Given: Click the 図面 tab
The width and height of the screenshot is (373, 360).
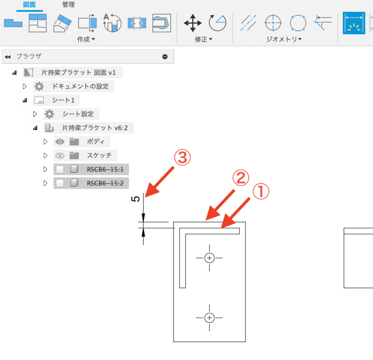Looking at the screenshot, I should [29, 5].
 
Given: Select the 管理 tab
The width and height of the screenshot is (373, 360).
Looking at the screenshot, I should [68, 5].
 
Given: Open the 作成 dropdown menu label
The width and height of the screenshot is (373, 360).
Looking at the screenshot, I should [86, 39].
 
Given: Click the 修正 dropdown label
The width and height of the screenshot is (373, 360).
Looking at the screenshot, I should [204, 39].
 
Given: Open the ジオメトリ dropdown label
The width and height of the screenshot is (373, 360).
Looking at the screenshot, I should [284, 39].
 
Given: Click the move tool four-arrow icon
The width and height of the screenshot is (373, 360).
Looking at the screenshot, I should [193, 23].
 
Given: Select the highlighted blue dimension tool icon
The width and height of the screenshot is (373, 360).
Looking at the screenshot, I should [354, 23].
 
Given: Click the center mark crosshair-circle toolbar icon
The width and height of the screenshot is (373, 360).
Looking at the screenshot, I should [273, 23].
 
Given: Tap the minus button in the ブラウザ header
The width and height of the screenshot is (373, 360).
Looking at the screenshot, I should [165, 56].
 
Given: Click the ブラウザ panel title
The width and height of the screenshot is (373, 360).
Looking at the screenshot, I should [29, 56].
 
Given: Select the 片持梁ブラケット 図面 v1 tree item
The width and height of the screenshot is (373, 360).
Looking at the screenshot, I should [78, 73].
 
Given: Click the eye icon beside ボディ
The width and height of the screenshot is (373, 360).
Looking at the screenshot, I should [60, 142].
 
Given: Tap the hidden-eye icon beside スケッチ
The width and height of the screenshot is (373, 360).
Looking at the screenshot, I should [60, 156].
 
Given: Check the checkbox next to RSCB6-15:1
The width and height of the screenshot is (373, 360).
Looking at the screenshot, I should [60, 169].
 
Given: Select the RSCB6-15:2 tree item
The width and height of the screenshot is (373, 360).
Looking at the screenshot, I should [105, 183].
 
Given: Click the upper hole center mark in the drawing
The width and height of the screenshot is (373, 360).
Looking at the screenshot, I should [209, 258].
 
